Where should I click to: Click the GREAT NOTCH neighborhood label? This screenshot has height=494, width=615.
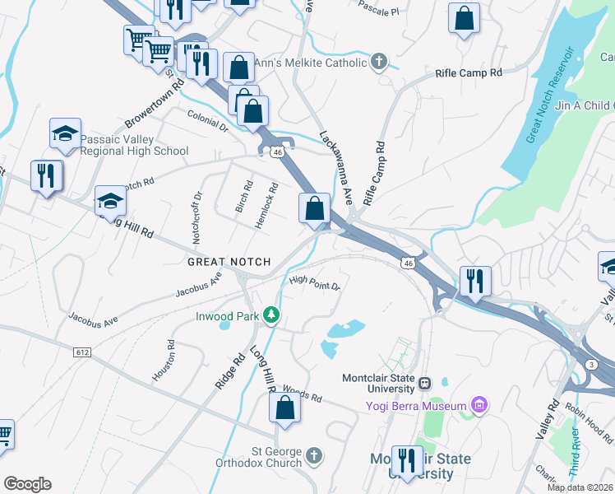[x=229, y=262]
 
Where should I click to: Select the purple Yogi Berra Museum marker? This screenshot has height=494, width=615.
[x=479, y=404]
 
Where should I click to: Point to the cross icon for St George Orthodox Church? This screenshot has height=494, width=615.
[x=313, y=455]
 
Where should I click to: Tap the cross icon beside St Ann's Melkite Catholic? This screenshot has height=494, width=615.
[x=379, y=63]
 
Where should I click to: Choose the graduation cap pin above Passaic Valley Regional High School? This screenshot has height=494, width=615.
[x=66, y=133]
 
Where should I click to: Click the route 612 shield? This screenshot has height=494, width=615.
[x=81, y=352]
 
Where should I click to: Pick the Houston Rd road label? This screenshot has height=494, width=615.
[x=162, y=361]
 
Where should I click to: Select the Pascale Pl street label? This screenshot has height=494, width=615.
[x=378, y=8]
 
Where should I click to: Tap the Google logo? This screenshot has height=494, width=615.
[x=27, y=484]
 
